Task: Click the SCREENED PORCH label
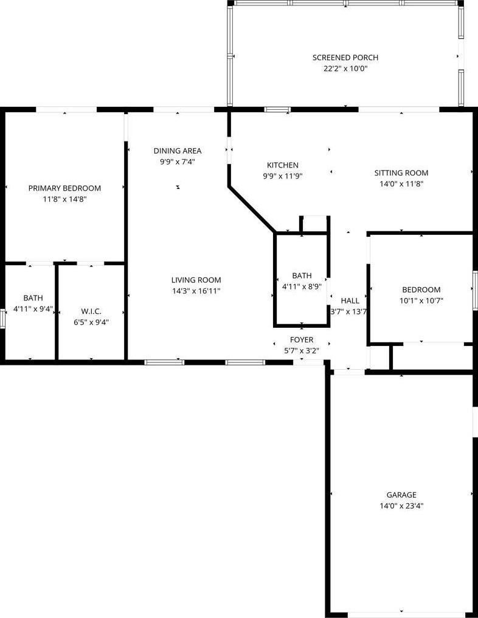coord(345,58)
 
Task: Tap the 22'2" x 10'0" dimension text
coord(345,69)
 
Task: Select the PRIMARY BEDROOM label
coord(64,188)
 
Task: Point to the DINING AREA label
coord(178,151)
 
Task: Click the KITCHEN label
coord(283,165)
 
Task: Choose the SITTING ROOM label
coord(401,172)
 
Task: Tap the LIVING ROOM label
coord(196,280)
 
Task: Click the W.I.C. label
coord(91,311)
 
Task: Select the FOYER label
coord(302,340)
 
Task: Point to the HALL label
coord(350,301)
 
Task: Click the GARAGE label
coord(401,495)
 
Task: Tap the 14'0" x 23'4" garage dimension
coord(401,506)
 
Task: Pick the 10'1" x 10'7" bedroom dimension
coord(421,301)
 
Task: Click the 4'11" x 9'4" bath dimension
coord(33,309)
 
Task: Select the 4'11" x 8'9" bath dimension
coord(302,287)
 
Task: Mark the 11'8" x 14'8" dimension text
coord(64,200)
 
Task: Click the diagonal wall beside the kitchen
coord(252,209)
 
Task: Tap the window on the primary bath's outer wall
coord(2,319)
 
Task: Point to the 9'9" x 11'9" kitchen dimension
coord(283,176)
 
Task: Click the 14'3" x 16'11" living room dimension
coord(196,291)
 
